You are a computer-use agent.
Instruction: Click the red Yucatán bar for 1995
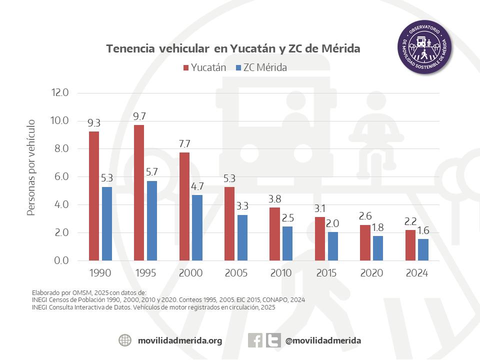coord(139,192)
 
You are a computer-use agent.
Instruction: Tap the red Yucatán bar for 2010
coord(274,233)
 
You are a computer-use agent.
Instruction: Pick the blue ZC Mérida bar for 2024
coord(423,249)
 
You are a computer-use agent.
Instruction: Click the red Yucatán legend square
coord(185,67)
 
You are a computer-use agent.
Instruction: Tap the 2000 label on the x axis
coord(191,273)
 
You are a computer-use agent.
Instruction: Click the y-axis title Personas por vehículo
coord(31,167)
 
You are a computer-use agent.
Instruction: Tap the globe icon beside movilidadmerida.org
coord(125,340)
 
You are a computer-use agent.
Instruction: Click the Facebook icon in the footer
coord(255,340)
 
